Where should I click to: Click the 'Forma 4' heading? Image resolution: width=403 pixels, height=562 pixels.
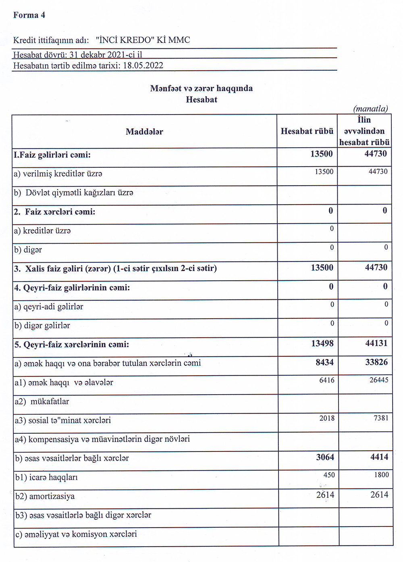(x=29, y=15)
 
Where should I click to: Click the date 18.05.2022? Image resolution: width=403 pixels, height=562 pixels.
(x=143, y=66)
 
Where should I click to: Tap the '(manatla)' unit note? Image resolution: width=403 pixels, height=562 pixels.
(x=370, y=109)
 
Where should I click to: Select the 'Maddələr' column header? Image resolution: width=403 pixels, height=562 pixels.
(x=144, y=132)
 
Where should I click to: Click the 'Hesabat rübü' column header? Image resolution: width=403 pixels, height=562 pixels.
(x=307, y=131)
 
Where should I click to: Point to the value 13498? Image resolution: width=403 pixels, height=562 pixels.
(x=322, y=343)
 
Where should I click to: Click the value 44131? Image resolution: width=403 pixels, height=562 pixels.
(x=376, y=343)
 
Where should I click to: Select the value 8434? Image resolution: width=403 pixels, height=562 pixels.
(x=324, y=362)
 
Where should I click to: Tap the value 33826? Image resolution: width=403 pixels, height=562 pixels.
(x=376, y=362)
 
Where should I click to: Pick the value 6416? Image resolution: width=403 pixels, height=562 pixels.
(x=327, y=380)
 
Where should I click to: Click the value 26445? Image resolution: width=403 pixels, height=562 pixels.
(x=379, y=380)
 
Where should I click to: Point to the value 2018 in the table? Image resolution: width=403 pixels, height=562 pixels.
(x=327, y=418)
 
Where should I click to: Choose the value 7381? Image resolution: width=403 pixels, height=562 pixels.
(x=381, y=418)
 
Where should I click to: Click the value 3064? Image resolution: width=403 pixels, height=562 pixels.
(x=325, y=457)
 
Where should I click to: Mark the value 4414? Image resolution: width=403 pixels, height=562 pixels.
(x=379, y=457)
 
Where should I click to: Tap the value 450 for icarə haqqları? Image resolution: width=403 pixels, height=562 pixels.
(x=329, y=475)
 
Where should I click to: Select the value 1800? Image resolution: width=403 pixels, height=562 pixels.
(x=381, y=475)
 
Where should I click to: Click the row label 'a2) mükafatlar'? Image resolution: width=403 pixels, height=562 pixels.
(x=42, y=401)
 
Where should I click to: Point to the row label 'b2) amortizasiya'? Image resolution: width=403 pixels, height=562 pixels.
(x=45, y=496)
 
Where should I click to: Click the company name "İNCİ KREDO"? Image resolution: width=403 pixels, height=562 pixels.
(x=125, y=40)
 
